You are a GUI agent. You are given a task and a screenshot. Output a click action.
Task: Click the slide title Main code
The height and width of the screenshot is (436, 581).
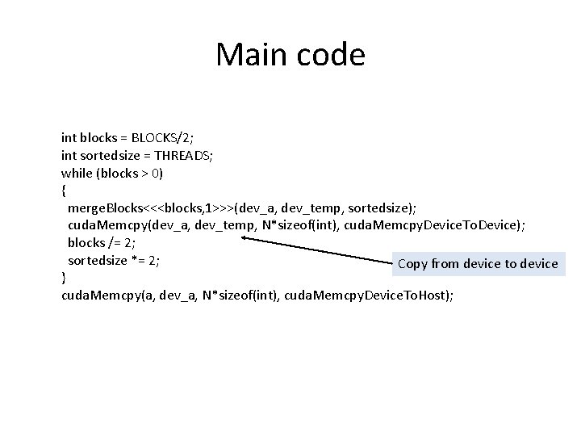coord(290,55)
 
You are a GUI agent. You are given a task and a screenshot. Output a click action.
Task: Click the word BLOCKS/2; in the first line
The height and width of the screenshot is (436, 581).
coord(176,137)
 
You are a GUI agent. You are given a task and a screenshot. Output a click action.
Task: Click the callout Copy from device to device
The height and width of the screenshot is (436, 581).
coord(478,263)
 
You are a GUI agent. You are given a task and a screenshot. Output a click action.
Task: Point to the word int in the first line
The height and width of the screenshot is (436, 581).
coord(69,137)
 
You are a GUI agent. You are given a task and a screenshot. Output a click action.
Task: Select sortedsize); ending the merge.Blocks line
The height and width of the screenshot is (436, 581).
coord(383,208)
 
